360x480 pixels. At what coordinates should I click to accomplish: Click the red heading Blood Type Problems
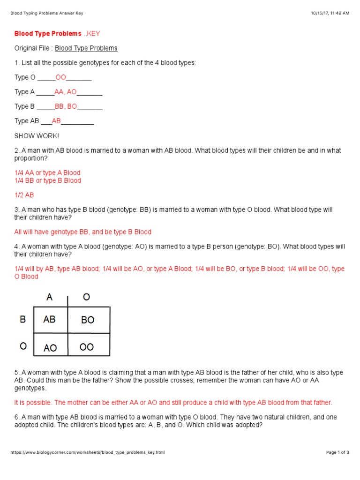[x=48, y=34]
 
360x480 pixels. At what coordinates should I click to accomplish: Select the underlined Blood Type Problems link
[x=86, y=48]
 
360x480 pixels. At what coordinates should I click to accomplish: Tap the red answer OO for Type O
[x=61, y=77]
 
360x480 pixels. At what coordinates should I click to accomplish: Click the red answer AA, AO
[x=66, y=92]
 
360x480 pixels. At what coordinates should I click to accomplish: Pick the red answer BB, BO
[x=66, y=106]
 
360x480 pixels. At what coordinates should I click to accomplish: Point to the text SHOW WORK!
[x=37, y=136]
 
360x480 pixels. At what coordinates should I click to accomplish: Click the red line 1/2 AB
[x=24, y=195]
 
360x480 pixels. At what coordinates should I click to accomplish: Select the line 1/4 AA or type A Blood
[x=47, y=173]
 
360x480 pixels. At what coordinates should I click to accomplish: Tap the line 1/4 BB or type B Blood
[x=47, y=180]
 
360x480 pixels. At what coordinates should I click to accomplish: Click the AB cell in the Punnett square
[x=50, y=319]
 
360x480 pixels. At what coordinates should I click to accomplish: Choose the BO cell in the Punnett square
[x=88, y=320]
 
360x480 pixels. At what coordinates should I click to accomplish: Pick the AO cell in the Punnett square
[x=50, y=348]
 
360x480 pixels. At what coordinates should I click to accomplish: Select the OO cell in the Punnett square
[x=87, y=347]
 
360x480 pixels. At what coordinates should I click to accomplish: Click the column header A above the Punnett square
[x=49, y=297]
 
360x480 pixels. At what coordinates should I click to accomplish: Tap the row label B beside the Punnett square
[x=22, y=319]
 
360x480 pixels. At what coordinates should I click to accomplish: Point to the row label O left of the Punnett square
[x=23, y=346]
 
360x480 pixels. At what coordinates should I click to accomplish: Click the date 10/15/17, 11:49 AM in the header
[x=330, y=13]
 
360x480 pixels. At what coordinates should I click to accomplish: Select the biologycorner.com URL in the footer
[x=88, y=452]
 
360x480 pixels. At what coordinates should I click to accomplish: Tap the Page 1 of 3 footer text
[x=337, y=452]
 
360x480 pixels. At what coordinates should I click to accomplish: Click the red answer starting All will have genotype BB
[x=83, y=232]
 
